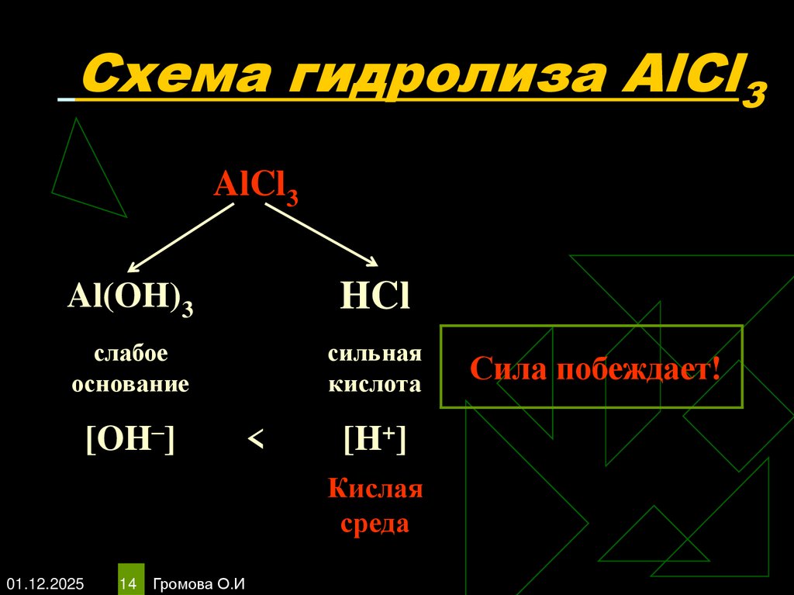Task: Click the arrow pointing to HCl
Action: coord(321,235)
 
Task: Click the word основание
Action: coord(130,384)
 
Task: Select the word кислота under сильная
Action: coord(374,384)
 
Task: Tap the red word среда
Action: coord(375,524)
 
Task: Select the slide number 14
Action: coord(129,582)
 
